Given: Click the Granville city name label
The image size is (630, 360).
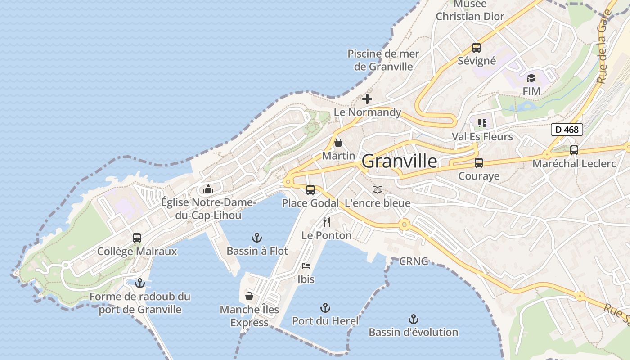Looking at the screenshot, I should (x=399, y=161).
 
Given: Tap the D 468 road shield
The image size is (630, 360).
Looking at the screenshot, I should (x=567, y=130).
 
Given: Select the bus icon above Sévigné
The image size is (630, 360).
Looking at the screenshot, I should (x=477, y=47).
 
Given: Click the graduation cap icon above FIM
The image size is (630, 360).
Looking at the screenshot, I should (x=531, y=78).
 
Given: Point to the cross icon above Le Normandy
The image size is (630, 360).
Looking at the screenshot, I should (x=367, y=99).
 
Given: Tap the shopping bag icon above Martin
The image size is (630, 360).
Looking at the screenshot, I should (x=338, y=143).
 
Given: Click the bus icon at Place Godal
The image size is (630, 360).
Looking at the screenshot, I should (x=310, y=190).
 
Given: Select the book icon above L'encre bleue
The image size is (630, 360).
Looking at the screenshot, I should (x=378, y=190).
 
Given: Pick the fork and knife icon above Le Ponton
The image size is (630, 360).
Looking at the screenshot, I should (x=327, y=222).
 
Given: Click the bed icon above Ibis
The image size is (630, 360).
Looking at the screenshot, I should (x=306, y=265).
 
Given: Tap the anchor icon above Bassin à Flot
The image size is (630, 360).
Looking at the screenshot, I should (x=257, y=237).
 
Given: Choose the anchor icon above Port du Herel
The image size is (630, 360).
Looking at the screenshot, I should (x=325, y=308).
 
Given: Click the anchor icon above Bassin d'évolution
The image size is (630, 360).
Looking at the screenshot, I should (x=413, y=319).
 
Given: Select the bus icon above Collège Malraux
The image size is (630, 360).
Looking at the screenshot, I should (x=137, y=238).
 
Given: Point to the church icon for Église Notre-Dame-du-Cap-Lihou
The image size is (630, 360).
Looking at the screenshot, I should (x=208, y=189).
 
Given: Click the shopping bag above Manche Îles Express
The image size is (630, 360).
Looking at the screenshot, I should (x=249, y=296).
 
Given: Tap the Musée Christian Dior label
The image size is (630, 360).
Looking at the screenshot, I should (x=470, y=10).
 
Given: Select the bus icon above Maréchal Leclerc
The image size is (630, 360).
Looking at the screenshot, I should (x=574, y=150).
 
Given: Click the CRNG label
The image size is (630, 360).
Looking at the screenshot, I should (x=414, y=261).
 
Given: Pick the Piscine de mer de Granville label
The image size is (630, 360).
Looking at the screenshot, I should (x=383, y=60).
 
